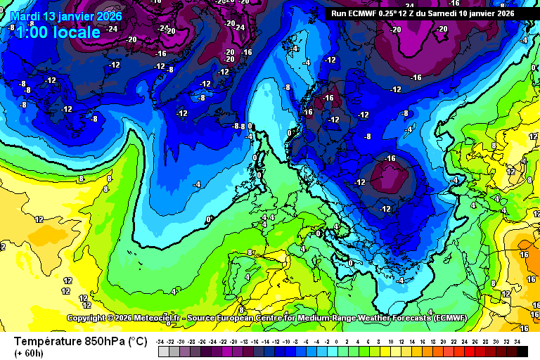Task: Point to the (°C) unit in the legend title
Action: [137, 341]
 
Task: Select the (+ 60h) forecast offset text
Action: [29, 353]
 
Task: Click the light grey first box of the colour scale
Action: [162, 351]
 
